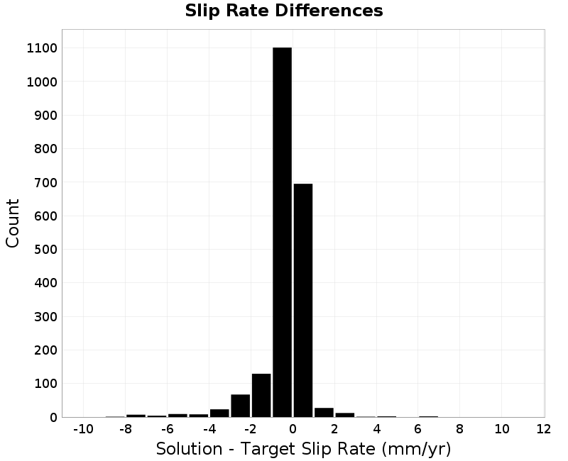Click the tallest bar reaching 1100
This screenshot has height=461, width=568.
pyautogui.click(x=282, y=233)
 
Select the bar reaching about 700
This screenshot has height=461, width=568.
pyautogui.click(x=303, y=300)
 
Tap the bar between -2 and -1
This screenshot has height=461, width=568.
pyautogui.click(x=261, y=396)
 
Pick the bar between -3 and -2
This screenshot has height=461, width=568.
pyautogui.click(x=240, y=406)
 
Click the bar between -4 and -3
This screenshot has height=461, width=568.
pyautogui.click(x=219, y=413)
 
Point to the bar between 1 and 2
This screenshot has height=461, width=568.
pyautogui.click(x=324, y=413)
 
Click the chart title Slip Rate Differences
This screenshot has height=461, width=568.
pyautogui.click(x=284, y=11)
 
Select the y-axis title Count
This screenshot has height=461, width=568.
pyautogui.click(x=12, y=223)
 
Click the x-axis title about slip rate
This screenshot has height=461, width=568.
pyautogui.click(x=304, y=449)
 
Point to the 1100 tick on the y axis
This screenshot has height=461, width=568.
pyautogui.click(x=42, y=48)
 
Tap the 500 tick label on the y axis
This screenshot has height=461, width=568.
pyautogui.click(x=45, y=250)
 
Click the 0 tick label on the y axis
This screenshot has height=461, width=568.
pyautogui.click(x=54, y=418)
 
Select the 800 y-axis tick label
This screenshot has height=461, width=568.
pyautogui.click(x=45, y=149)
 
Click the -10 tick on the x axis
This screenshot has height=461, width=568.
pyautogui.click(x=83, y=429)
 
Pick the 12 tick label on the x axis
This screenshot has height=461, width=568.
pyautogui.click(x=543, y=429)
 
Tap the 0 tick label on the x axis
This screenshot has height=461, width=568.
pyautogui.click(x=293, y=429)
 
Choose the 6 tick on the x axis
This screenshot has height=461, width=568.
pyautogui.click(x=418, y=429)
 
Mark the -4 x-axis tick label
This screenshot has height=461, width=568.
pyautogui.click(x=209, y=429)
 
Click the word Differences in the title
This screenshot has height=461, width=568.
pyautogui.click(x=329, y=11)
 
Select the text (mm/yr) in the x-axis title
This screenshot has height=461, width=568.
pyautogui.click(x=416, y=449)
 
